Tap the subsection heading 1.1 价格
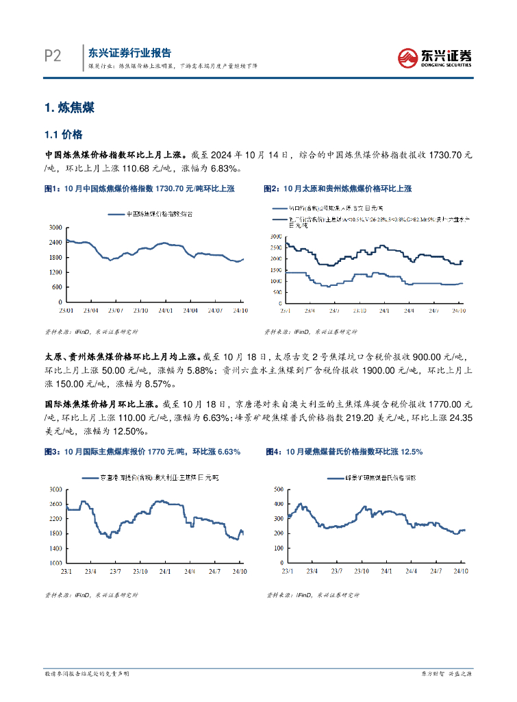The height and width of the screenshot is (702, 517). [x=63, y=134]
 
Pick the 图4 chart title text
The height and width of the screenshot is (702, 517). [x=344, y=452]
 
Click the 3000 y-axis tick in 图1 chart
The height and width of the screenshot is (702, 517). [x=55, y=227]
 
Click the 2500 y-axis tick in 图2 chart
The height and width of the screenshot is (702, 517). [x=275, y=247]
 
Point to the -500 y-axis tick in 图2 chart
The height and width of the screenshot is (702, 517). [x=276, y=302]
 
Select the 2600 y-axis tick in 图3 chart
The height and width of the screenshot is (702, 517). [x=55, y=504]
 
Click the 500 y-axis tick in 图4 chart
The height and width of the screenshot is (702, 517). [x=278, y=489]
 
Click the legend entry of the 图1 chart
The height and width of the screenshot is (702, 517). [x=151, y=214]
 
